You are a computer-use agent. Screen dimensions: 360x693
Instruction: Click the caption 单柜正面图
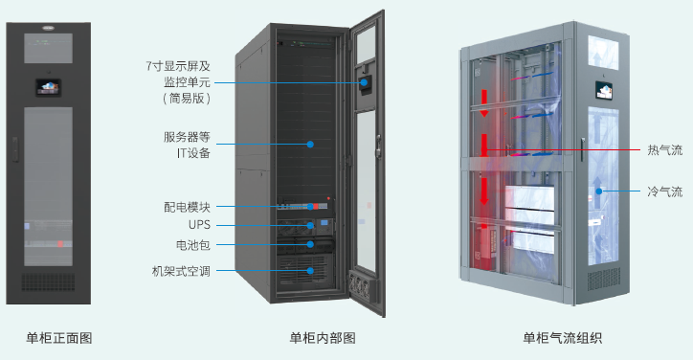(x=59, y=337)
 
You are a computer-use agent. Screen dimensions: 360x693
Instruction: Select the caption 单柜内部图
(x=323, y=337)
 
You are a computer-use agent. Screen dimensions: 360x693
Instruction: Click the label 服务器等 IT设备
(x=187, y=145)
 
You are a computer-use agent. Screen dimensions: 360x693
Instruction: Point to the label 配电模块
(x=187, y=206)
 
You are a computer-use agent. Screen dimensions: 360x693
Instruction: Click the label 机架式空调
(x=181, y=271)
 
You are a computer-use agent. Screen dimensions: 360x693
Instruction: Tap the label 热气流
(x=665, y=150)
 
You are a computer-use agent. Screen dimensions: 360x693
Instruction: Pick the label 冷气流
(x=665, y=191)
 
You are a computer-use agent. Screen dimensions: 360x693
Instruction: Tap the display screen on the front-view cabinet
(x=48, y=86)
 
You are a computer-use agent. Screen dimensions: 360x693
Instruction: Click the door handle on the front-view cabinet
(x=16, y=149)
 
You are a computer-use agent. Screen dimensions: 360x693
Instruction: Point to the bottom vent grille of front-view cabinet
(x=48, y=282)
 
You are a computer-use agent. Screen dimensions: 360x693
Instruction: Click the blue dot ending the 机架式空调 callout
(x=310, y=271)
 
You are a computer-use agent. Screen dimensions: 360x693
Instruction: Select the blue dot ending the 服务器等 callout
(x=310, y=145)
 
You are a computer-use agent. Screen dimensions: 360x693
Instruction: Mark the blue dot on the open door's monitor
(x=364, y=82)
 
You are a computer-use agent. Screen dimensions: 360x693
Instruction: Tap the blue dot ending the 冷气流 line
(x=599, y=191)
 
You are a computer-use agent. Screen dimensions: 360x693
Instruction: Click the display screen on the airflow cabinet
(x=602, y=91)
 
